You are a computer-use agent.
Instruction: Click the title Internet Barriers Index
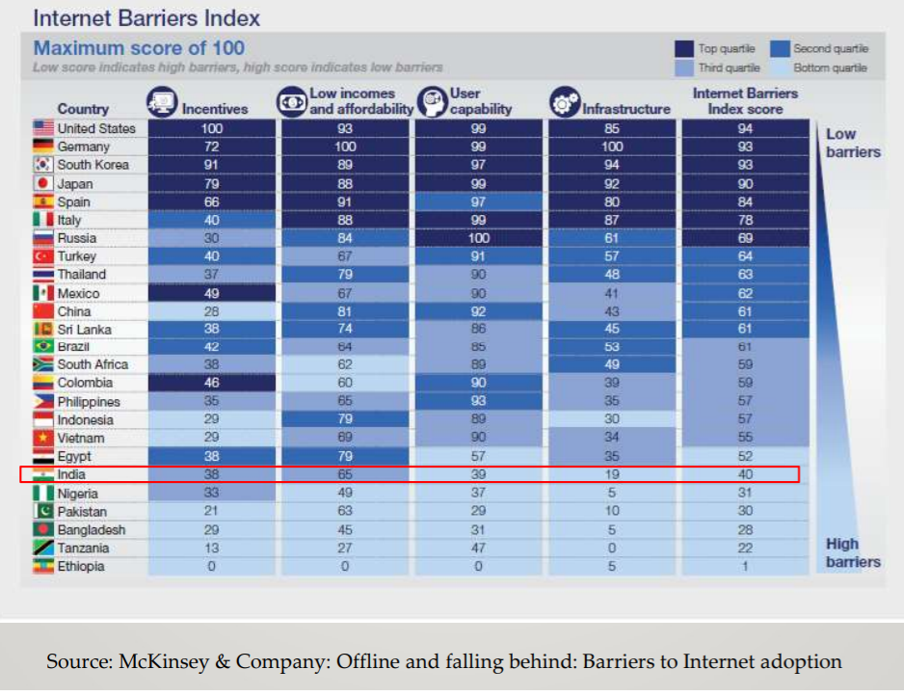point(146,17)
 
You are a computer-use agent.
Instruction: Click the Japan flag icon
point(42,183)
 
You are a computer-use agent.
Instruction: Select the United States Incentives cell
point(212,128)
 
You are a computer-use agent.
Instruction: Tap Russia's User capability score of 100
point(478,238)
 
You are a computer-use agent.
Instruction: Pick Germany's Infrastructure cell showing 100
point(611,147)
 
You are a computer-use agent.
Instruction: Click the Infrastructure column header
point(625,109)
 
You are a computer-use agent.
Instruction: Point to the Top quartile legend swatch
point(683,49)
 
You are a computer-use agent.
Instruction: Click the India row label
point(73,474)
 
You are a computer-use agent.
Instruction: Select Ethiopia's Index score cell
point(745,567)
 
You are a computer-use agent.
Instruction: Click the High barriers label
point(852,552)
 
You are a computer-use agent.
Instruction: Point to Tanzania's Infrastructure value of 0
point(611,549)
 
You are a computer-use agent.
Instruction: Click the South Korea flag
point(42,165)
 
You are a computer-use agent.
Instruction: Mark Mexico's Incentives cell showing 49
point(212,293)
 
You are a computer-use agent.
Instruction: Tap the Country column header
point(83,109)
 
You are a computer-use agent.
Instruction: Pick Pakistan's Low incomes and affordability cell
point(344,512)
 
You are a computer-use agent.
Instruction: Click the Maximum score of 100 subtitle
point(139,48)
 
